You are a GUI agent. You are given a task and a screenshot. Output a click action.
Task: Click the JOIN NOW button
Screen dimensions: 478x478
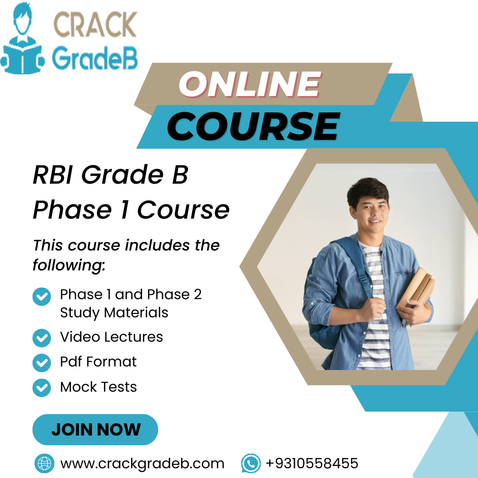(x=95, y=429)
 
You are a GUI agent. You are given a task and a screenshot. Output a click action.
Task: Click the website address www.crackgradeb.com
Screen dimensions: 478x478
(x=143, y=463)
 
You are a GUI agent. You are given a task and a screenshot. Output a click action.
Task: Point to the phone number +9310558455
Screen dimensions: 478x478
(x=312, y=463)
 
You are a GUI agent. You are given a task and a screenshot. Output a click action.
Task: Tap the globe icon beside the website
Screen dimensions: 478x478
(x=44, y=463)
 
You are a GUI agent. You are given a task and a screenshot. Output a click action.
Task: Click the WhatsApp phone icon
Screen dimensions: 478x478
(x=251, y=463)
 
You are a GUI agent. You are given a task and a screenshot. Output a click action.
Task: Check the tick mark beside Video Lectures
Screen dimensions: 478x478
(x=42, y=338)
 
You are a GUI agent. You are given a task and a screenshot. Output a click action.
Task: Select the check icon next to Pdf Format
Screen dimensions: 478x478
(x=42, y=363)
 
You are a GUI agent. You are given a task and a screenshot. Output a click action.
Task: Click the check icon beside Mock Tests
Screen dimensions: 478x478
(x=42, y=388)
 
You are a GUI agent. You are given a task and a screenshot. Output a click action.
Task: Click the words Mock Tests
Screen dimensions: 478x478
(x=98, y=387)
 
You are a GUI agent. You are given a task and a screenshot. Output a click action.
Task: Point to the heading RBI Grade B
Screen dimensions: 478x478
(x=111, y=175)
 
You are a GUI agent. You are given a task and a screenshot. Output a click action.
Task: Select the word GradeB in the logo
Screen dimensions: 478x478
(x=95, y=59)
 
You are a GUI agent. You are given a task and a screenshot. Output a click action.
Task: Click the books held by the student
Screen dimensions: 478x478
(x=416, y=288)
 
